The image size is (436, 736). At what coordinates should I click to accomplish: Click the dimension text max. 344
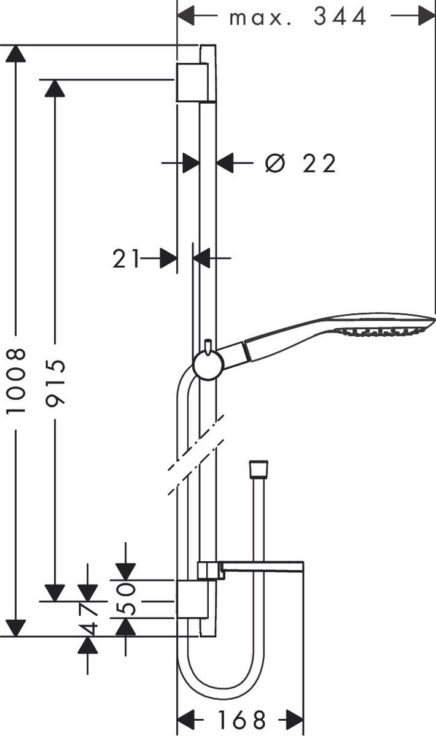click(x=298, y=17)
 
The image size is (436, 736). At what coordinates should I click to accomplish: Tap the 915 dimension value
click(x=55, y=381)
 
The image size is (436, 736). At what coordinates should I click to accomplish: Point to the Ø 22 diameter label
click(x=301, y=164)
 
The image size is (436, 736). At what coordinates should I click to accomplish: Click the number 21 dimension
click(x=125, y=259)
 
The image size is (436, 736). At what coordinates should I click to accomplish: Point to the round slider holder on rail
click(x=207, y=366)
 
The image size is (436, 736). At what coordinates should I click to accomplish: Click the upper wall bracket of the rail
click(x=195, y=82)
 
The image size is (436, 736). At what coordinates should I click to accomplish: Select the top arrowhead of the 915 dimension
click(x=55, y=88)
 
